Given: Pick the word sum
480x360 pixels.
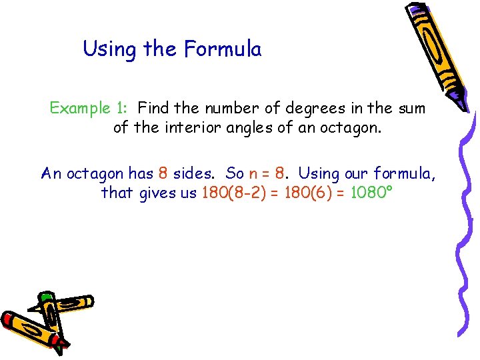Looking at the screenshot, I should coord(411,108).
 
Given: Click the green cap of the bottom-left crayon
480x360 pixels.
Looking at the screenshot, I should coord(46,297).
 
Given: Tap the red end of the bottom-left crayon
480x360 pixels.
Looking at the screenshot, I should coord(12,323).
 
